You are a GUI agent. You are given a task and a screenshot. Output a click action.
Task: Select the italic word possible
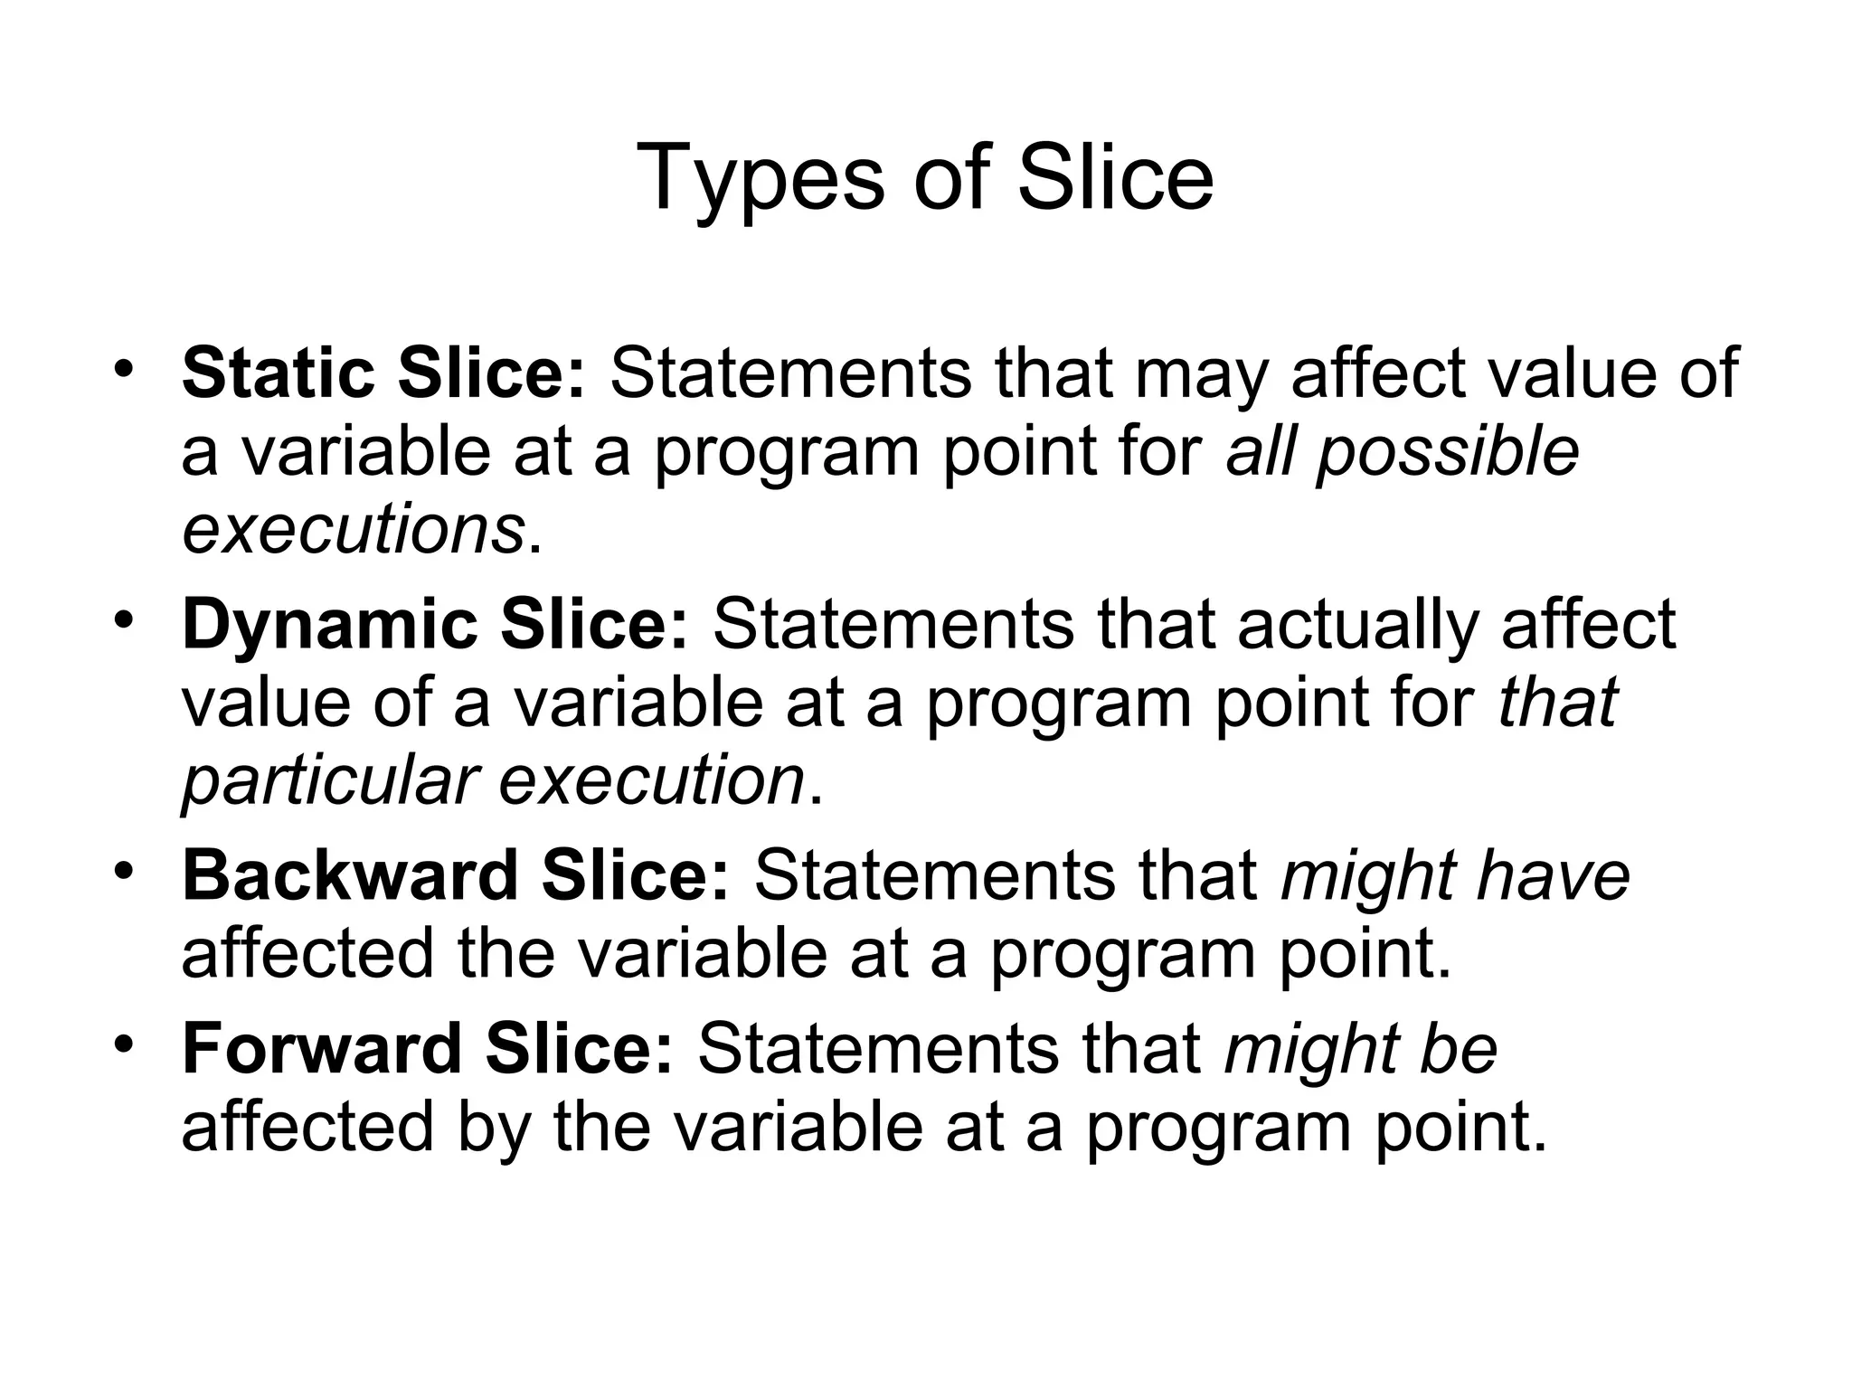1448,452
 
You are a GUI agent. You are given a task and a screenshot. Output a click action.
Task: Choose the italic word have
1553,875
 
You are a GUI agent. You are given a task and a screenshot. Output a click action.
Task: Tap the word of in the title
950,178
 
